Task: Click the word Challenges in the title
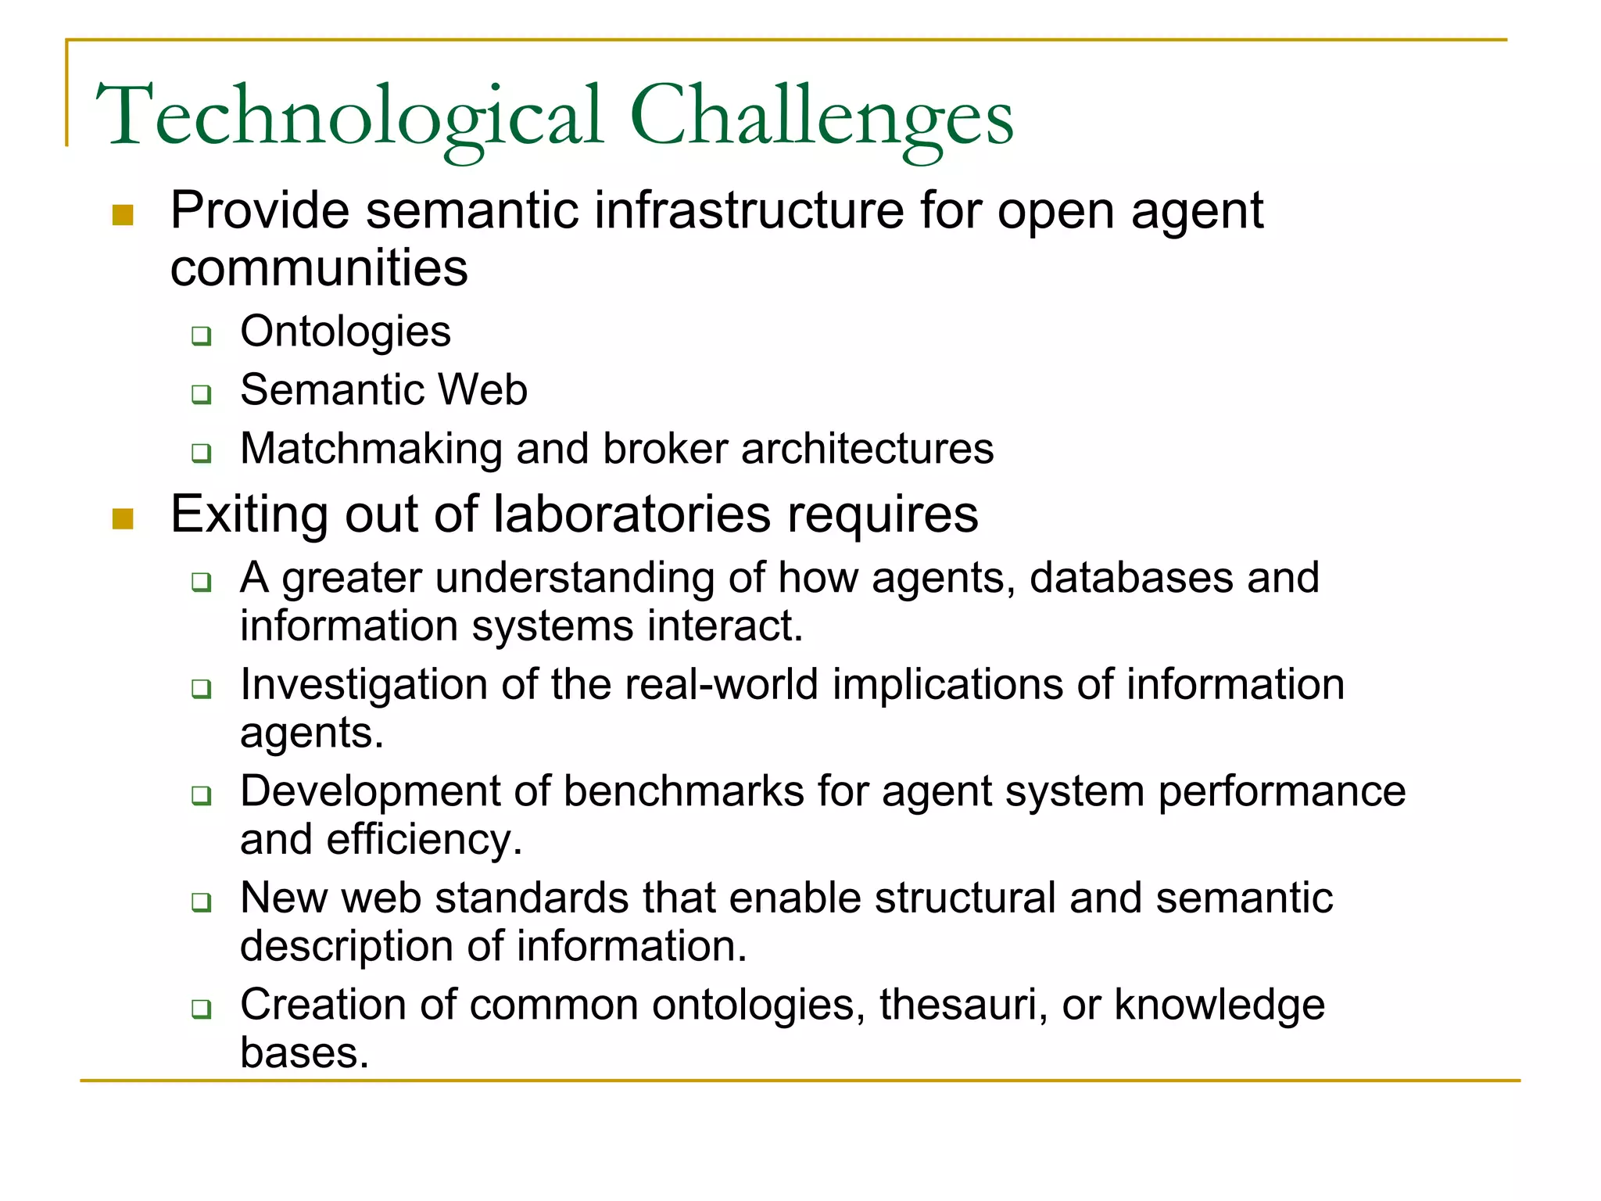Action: pyautogui.click(x=821, y=117)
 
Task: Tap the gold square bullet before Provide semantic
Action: pyautogui.click(x=123, y=215)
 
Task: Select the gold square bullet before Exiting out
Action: pyautogui.click(x=123, y=518)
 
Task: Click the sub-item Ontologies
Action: pyautogui.click(x=345, y=332)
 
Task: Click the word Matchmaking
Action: pyautogui.click(x=371, y=449)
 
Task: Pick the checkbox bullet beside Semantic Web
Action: pyautogui.click(x=202, y=394)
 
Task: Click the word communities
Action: pyautogui.click(x=319, y=268)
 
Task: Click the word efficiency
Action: pyautogui.click(x=423, y=841)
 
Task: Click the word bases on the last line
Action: pyautogui.click(x=303, y=1053)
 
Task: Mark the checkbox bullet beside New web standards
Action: pyautogui.click(x=202, y=902)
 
